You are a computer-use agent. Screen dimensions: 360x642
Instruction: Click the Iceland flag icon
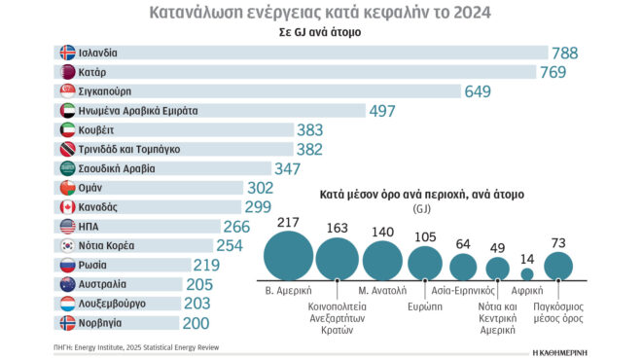click(x=66, y=54)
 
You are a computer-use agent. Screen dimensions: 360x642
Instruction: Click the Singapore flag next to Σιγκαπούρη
click(x=66, y=91)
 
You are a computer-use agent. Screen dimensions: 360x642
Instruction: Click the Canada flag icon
click(x=66, y=206)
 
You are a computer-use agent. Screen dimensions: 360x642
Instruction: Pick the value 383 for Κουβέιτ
click(x=316, y=130)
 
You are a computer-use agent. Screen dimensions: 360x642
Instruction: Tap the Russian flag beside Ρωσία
click(x=66, y=264)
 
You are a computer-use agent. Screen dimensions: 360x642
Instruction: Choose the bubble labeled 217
click(x=287, y=258)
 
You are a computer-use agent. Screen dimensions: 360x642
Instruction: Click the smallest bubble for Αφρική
click(x=527, y=273)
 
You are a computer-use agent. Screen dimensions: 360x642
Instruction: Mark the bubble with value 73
click(x=558, y=265)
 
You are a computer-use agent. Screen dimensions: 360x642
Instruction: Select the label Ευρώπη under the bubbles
click(x=425, y=303)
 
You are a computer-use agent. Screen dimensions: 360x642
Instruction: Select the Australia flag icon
click(x=66, y=283)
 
